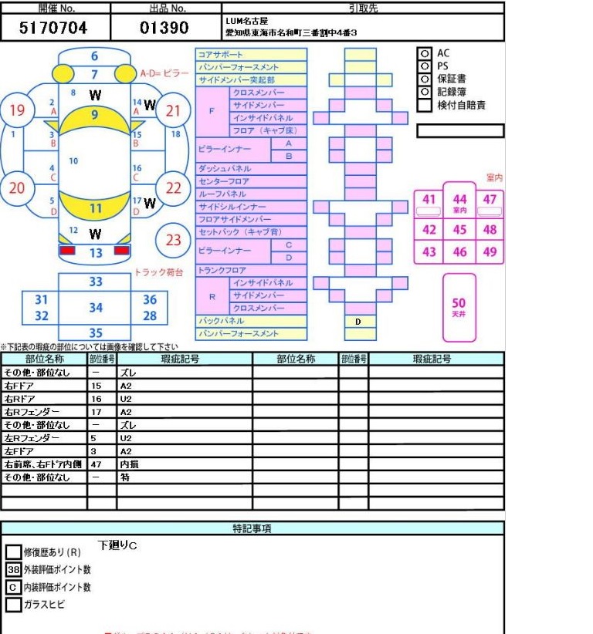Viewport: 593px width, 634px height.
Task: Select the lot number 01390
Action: pyautogui.click(x=164, y=29)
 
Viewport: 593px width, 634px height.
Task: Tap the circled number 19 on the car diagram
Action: pyautogui.click(x=17, y=110)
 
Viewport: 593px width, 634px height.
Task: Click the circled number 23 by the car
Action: pyautogui.click(x=173, y=240)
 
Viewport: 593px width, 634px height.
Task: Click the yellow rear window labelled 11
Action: pyautogui.click(x=95, y=208)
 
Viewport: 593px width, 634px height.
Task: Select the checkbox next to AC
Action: pyautogui.click(x=424, y=53)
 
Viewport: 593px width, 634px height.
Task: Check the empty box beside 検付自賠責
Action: pyautogui.click(x=424, y=106)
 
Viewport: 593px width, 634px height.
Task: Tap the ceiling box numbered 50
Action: pyautogui.click(x=459, y=307)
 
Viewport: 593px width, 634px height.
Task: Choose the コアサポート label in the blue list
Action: pyautogui.click(x=221, y=55)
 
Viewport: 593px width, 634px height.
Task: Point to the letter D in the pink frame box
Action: pyautogui.click(x=359, y=322)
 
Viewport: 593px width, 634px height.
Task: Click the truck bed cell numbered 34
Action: pyautogui.click(x=95, y=308)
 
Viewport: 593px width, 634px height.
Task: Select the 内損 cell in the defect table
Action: pyautogui.click(x=130, y=464)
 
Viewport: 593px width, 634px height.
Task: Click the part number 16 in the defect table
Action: pyautogui.click(x=97, y=399)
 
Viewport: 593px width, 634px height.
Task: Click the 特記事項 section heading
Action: pyautogui.click(x=252, y=528)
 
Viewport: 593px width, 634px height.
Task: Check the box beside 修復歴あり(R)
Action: pyautogui.click(x=13, y=552)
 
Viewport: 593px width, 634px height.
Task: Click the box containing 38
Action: pyautogui.click(x=13, y=570)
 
